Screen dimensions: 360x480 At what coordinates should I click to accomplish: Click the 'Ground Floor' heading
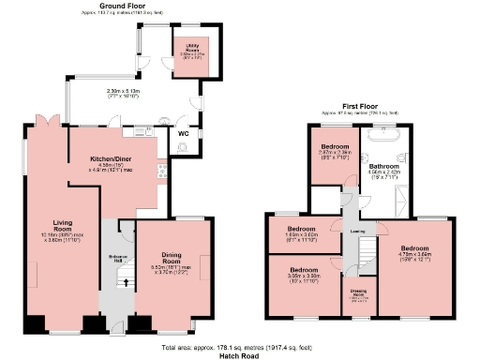(x=127, y=7)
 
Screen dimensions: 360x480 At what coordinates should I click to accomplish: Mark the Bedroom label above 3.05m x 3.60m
(x=301, y=270)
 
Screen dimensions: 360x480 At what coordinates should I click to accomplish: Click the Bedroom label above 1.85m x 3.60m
(x=301, y=229)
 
